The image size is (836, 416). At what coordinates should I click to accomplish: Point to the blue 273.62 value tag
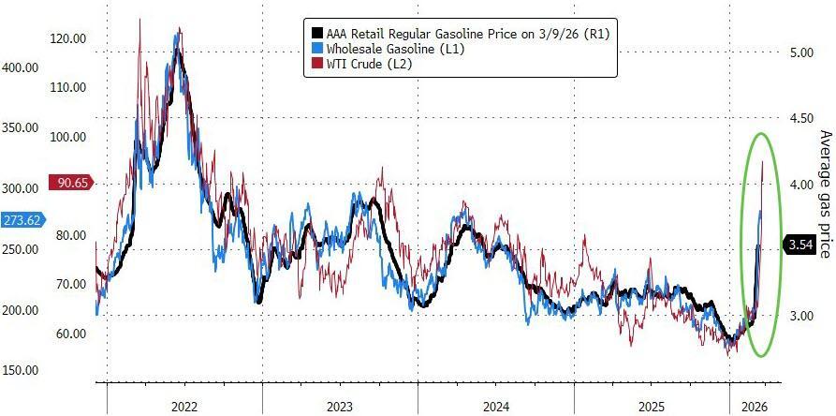click(20, 220)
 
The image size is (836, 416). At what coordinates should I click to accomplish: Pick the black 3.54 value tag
click(801, 245)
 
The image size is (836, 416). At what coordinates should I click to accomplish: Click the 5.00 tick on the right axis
click(800, 52)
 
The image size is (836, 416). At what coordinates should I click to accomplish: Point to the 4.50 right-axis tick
click(800, 118)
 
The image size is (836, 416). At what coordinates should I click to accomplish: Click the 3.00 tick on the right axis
click(800, 316)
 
